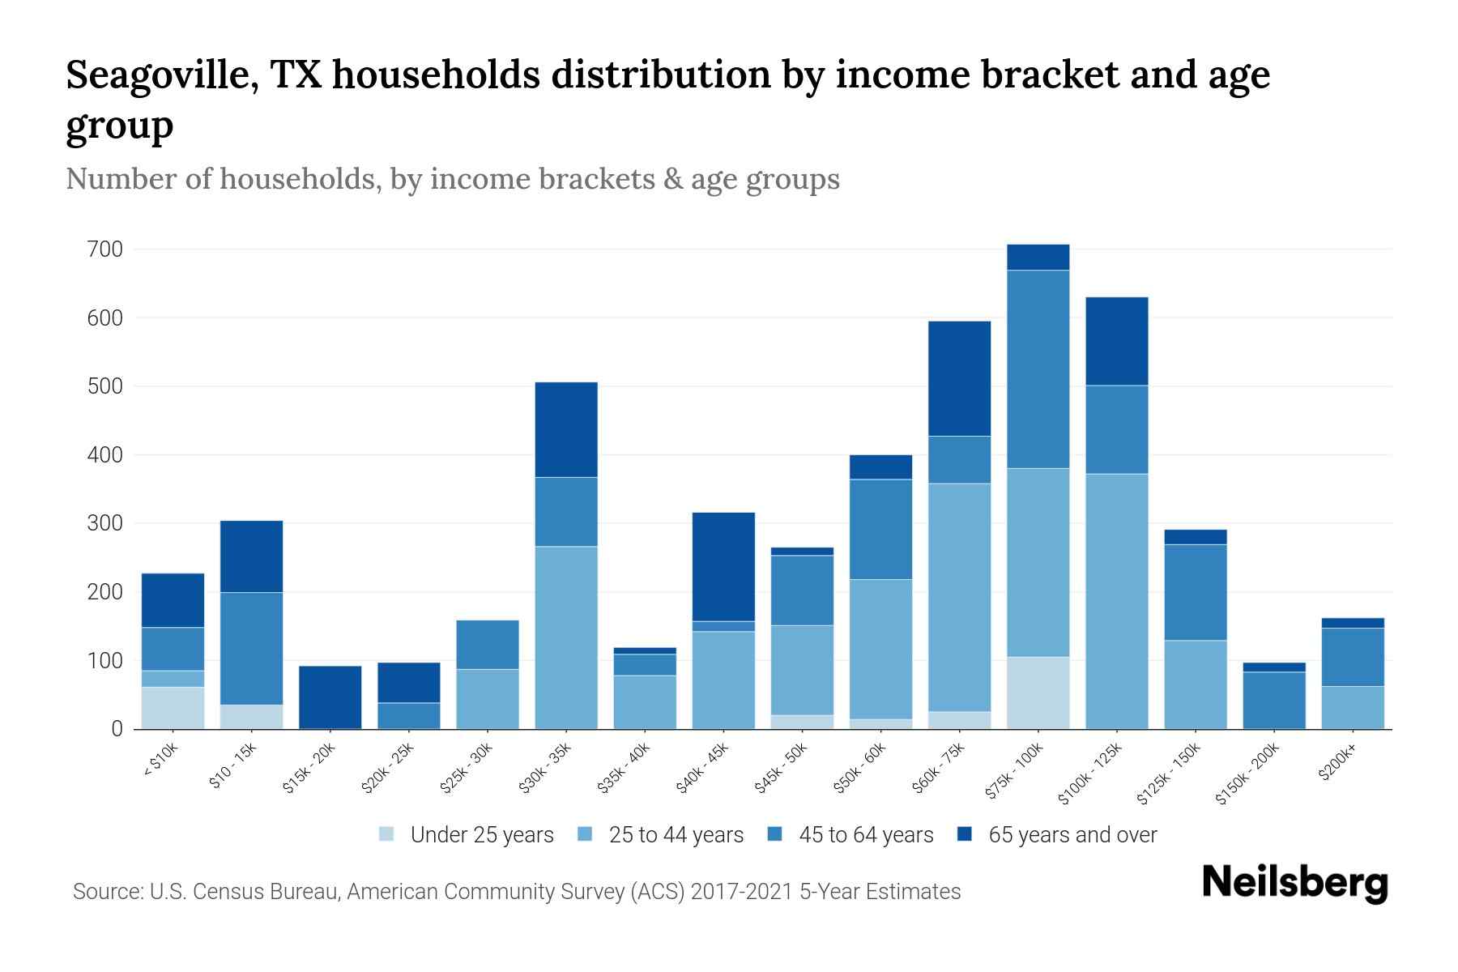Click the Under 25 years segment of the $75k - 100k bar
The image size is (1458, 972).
[x=1038, y=693]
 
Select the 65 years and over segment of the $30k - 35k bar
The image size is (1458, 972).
[x=566, y=429]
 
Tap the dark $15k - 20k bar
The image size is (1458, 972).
[x=330, y=697]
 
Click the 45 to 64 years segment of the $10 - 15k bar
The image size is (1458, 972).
[x=251, y=648]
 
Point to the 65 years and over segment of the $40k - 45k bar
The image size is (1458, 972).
[x=723, y=566]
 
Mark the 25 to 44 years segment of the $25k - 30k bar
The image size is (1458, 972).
[x=488, y=698]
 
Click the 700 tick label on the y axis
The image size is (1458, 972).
[x=104, y=249]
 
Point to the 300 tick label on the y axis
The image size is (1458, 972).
[x=104, y=524]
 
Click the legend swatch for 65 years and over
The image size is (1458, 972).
[x=964, y=834]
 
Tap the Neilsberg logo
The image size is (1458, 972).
[x=1294, y=882]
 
